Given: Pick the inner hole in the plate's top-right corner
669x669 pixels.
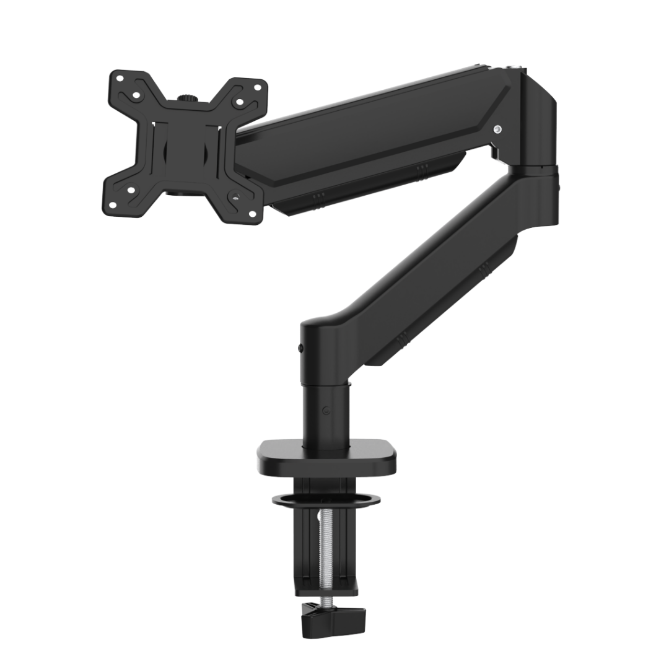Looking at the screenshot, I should pyautogui.click(x=239, y=104).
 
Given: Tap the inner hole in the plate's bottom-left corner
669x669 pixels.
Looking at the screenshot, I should pyautogui.click(x=131, y=190).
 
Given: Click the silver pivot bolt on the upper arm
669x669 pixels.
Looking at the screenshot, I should pyautogui.click(x=497, y=129).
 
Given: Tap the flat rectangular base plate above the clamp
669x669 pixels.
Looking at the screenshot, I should pyautogui.click(x=326, y=457).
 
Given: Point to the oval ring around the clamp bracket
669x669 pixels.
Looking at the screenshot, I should pyautogui.click(x=325, y=497).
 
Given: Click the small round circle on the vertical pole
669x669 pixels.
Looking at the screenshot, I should pyautogui.click(x=326, y=409).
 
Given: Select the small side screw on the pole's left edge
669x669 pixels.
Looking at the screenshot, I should pyautogui.click(x=300, y=349).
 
